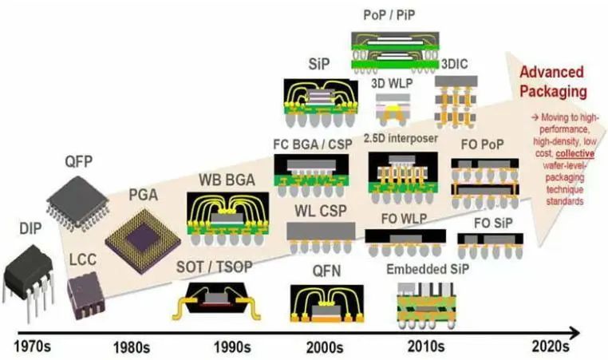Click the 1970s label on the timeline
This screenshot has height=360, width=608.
click(32, 346)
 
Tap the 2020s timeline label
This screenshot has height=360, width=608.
click(551, 346)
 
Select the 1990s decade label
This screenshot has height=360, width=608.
click(232, 347)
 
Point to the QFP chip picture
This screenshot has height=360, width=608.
click(77, 203)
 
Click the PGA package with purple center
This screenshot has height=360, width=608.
click(142, 241)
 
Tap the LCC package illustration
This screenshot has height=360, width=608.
click(86, 295)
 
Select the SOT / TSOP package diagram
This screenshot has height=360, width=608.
click(215, 302)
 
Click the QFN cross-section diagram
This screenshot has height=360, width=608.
click(327, 304)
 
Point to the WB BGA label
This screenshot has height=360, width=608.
click(227, 180)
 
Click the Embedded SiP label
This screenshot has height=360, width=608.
click(428, 269)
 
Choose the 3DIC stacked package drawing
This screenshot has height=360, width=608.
click(456, 102)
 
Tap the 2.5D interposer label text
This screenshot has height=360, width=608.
click(401, 138)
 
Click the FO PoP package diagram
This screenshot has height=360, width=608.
click(484, 183)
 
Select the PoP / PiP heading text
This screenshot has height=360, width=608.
click(389, 15)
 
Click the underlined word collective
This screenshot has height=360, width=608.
click(575, 153)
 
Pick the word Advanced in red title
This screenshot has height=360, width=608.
click(551, 72)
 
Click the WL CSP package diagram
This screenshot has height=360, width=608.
click(321, 237)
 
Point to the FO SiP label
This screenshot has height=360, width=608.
click(493, 223)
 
